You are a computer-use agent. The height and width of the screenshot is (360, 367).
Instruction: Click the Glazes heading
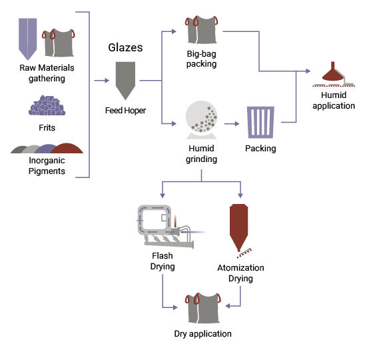coord(125,48)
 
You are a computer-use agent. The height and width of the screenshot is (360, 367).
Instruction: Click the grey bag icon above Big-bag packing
coord(201,29)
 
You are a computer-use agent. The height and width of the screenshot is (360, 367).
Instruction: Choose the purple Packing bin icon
coord(260,121)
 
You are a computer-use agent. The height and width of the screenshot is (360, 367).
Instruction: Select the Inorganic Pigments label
coord(47,166)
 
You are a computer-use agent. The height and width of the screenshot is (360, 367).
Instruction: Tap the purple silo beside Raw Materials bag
coord(27,37)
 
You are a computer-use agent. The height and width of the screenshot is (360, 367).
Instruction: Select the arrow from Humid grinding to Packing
coord(232,123)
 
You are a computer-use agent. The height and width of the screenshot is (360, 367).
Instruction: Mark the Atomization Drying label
coord(240,273)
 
